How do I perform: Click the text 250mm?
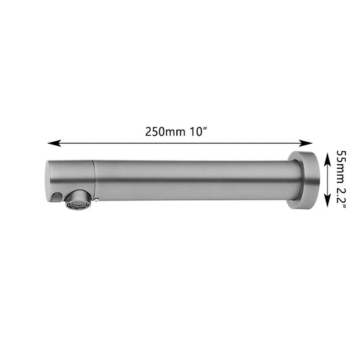(x=165, y=132)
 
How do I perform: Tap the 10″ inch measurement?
(x=199, y=132)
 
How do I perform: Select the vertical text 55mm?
(x=341, y=166)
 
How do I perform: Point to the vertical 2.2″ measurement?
(x=341, y=198)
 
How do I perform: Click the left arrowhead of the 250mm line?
(x=54, y=143)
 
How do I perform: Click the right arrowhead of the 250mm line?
(x=305, y=143)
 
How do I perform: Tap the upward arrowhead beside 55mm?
(x=328, y=159)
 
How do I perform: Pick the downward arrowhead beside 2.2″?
(x=328, y=200)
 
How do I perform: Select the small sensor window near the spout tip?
(x=56, y=197)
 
